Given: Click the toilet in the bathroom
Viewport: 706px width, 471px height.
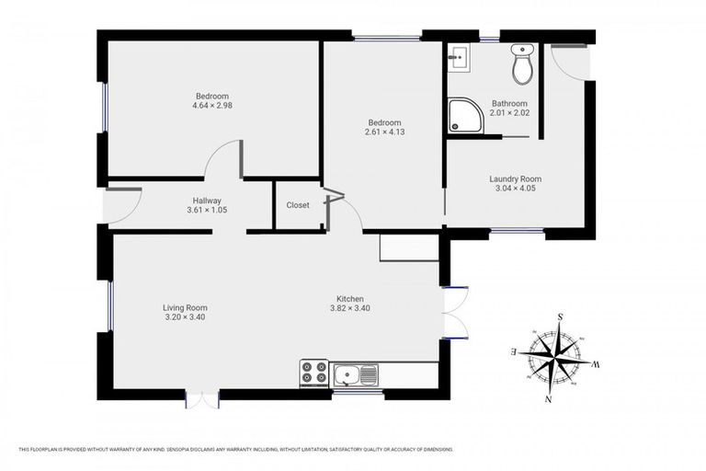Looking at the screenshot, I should [x=522, y=63].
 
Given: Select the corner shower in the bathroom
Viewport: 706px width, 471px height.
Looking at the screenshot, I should [x=464, y=117].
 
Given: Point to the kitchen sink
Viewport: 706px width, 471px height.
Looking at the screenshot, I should [x=356, y=374].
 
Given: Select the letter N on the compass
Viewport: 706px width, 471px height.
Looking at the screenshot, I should [x=549, y=399].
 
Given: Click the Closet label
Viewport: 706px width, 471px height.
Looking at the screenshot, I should [x=298, y=205].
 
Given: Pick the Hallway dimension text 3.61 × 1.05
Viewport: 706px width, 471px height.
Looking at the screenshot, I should [x=207, y=211].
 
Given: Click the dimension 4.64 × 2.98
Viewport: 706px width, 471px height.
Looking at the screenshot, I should [x=211, y=106].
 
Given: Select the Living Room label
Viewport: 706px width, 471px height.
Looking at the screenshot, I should [x=185, y=308].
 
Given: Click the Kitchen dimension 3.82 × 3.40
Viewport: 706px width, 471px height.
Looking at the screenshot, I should [x=349, y=309].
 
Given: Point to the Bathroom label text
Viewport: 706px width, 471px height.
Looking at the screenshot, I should [x=509, y=104].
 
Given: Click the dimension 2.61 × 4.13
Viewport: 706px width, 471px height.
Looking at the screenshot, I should [x=384, y=132].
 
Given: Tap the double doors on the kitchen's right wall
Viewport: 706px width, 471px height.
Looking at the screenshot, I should [x=454, y=313].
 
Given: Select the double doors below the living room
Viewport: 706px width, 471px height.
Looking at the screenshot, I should [x=202, y=398].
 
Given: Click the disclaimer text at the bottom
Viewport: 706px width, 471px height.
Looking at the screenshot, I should [x=235, y=449].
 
